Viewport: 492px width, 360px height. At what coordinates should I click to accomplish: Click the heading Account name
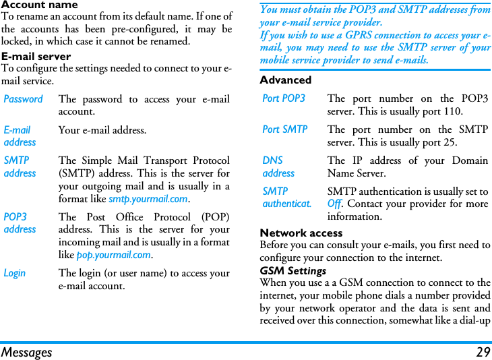[x=39, y=5]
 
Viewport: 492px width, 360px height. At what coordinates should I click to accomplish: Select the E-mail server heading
[x=36, y=57]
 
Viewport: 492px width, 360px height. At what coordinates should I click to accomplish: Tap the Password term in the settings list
[x=23, y=99]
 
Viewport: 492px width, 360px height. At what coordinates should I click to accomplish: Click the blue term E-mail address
[x=20, y=136]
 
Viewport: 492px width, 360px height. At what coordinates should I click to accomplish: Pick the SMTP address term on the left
[x=20, y=167]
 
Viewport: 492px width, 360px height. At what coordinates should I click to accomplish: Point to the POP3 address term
[x=20, y=223]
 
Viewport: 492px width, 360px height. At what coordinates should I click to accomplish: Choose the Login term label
[x=15, y=273]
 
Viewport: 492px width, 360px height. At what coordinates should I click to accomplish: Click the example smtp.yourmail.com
[x=148, y=199]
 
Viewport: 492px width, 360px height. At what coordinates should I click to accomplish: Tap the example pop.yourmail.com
[x=113, y=255]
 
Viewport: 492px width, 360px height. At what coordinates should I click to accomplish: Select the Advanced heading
[x=286, y=80]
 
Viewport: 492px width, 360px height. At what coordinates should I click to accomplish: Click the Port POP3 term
[x=284, y=98]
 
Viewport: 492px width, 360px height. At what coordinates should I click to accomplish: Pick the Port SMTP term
[x=285, y=129]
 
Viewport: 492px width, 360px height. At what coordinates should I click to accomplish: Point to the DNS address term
[x=278, y=167]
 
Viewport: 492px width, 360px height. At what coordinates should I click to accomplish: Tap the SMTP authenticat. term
[x=286, y=197]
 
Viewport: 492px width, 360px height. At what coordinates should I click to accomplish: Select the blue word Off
[x=334, y=204]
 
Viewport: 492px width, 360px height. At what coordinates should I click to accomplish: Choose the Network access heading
[x=301, y=233]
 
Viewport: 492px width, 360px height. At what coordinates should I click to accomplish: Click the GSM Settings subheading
[x=293, y=271]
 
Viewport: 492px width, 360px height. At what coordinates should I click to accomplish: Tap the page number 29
[x=483, y=352]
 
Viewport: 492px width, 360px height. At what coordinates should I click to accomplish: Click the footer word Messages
[x=26, y=352]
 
